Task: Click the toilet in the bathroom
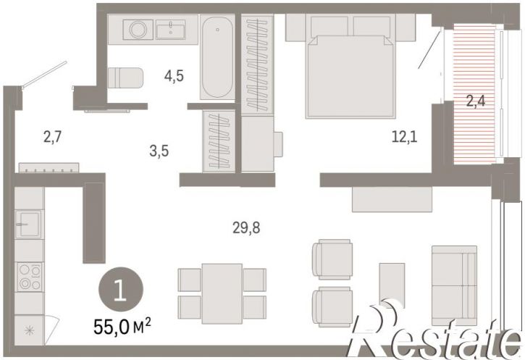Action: (125, 78)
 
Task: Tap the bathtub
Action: (217, 57)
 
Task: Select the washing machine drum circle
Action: (138, 30)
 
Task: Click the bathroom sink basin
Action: (170, 30)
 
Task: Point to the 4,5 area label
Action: (174, 76)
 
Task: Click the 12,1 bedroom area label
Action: (405, 137)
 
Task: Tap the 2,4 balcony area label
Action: (476, 100)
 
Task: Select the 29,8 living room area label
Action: (246, 228)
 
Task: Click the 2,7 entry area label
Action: (53, 137)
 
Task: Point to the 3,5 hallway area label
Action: (159, 151)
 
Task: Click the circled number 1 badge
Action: (121, 290)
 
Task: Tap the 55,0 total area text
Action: (122, 327)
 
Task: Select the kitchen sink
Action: (28, 225)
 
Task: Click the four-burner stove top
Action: (30, 277)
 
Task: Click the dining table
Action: (222, 293)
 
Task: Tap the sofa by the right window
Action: (454, 285)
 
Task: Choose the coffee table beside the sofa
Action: (392, 285)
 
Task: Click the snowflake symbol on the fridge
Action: (29, 331)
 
